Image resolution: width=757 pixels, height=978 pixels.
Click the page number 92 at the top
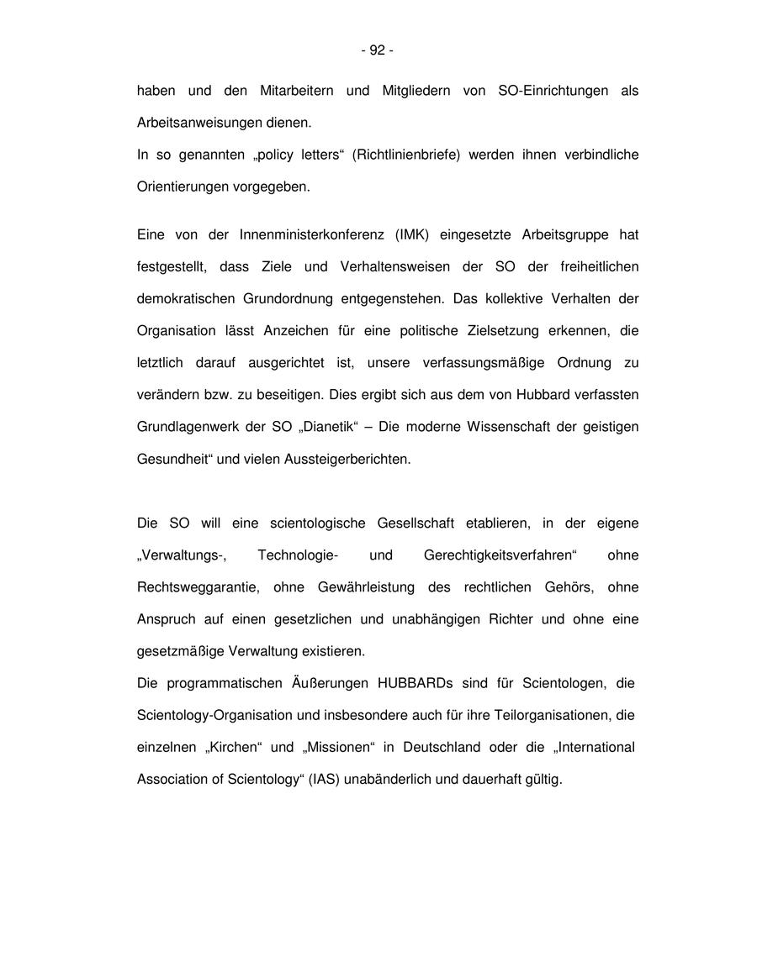click(x=377, y=50)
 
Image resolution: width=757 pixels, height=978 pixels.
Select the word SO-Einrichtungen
click(x=553, y=91)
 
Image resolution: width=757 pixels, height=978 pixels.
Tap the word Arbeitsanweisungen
click(x=194, y=123)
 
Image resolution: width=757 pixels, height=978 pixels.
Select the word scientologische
click(x=318, y=523)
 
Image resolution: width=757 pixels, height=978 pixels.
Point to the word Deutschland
click(x=442, y=747)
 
